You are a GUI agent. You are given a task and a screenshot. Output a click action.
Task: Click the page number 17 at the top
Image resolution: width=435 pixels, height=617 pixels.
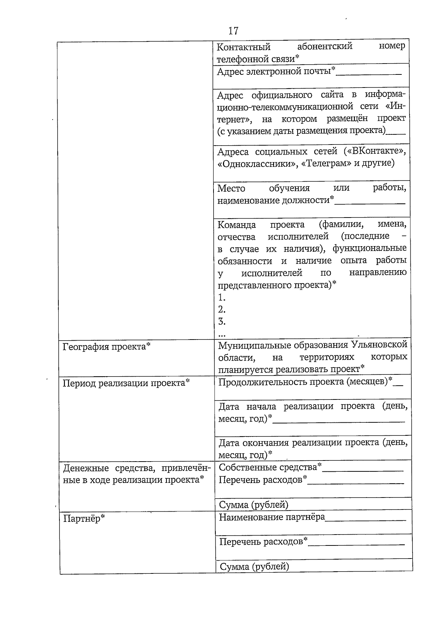click(x=233, y=31)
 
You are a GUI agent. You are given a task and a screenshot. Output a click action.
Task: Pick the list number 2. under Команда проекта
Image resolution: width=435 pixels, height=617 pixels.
click(x=222, y=309)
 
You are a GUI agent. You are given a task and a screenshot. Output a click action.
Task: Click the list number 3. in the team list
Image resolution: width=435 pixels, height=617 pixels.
click(x=222, y=321)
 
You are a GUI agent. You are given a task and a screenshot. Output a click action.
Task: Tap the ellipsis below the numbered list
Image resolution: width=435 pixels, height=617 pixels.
click(x=222, y=333)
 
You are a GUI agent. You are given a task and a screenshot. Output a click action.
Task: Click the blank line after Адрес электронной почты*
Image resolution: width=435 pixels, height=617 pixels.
click(x=369, y=74)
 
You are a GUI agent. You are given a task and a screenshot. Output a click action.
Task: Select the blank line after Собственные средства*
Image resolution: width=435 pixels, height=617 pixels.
click(x=362, y=470)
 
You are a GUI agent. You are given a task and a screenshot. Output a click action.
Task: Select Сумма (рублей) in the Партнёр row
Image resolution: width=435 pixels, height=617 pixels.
click(x=254, y=567)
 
